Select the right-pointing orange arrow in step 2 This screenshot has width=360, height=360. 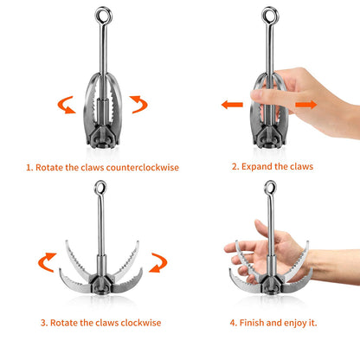tap(306, 105)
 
